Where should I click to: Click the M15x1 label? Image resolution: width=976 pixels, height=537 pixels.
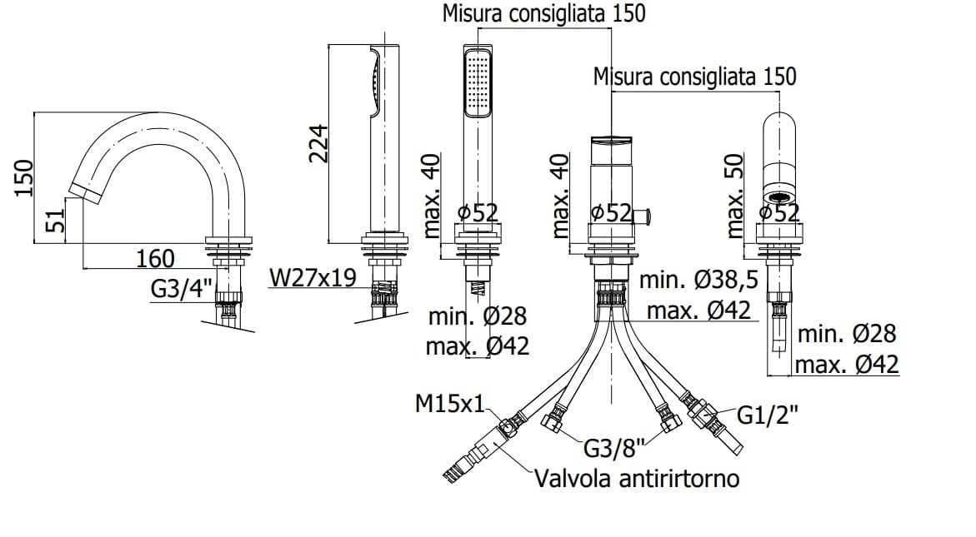pos(449,405)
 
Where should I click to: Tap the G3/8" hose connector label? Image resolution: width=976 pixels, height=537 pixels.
pos(615,450)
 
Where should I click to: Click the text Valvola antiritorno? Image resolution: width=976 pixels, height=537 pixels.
pos(637,479)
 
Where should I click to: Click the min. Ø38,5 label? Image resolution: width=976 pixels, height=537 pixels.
pos(698,281)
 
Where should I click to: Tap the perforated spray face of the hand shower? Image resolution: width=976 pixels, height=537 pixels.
pos(478,82)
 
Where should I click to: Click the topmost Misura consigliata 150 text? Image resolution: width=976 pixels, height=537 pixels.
pos(543,14)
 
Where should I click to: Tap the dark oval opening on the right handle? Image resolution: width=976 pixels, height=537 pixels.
pos(781,197)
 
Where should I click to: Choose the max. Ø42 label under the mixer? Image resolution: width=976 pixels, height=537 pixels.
pos(698,311)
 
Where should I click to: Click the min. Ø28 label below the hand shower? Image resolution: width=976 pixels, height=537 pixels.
pos(478,316)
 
